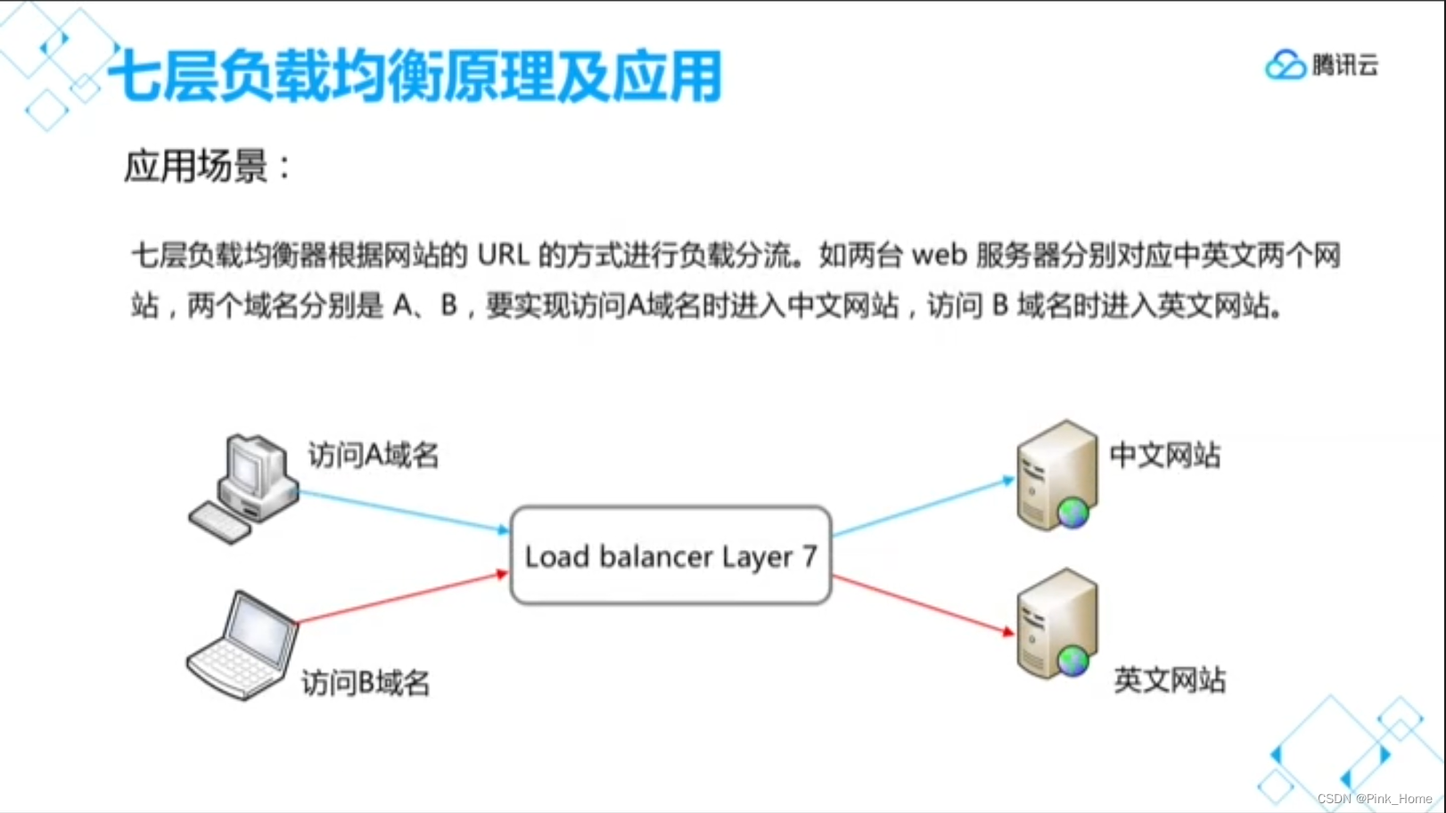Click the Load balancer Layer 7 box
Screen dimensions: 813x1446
[x=670, y=555]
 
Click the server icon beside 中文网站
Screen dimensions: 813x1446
[x=1057, y=476]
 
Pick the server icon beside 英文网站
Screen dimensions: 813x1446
[x=1057, y=624]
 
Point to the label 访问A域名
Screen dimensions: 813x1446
[x=374, y=456]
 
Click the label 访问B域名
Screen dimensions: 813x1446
[x=366, y=683]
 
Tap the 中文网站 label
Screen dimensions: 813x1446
[x=1164, y=456]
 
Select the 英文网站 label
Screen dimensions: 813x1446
[x=1170, y=680]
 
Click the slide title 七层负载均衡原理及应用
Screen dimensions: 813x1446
[x=415, y=77]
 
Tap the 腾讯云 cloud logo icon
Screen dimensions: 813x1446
[x=1285, y=65]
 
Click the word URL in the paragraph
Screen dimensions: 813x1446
[x=504, y=256]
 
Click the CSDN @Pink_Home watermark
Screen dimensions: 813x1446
[x=1374, y=799]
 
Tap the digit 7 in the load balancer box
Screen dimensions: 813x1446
[x=809, y=556]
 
